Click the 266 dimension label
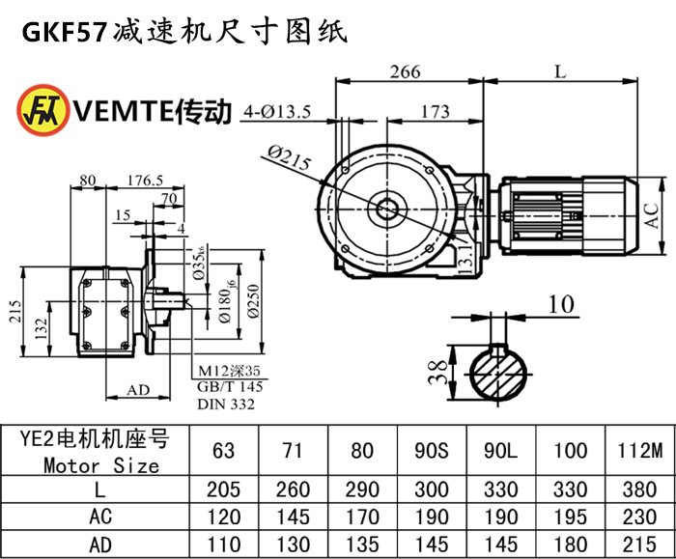407,70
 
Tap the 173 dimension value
436,112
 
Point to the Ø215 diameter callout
285,158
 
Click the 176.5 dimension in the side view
144,180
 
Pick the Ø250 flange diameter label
254,304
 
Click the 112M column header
639,450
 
